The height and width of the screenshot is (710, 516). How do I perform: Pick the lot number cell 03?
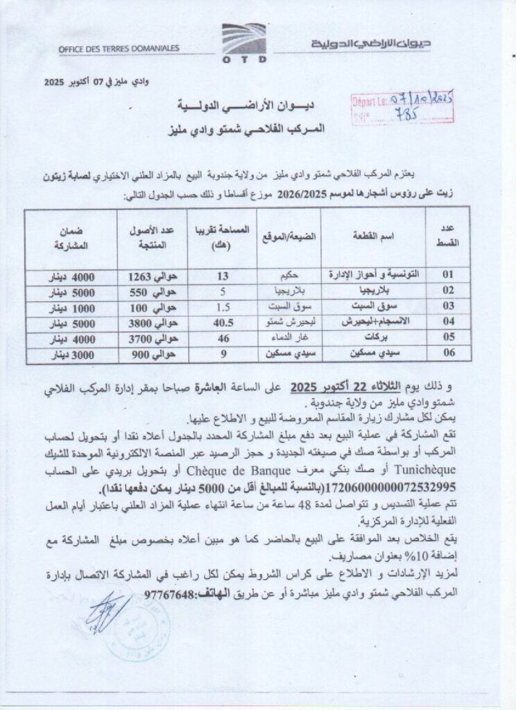450,306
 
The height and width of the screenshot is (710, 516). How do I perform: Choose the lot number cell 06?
450,354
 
